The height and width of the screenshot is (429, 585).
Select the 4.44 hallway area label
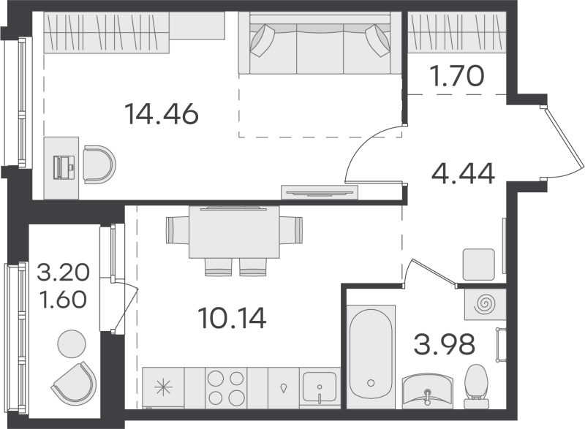click(463, 175)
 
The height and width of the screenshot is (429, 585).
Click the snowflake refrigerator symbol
click(163, 387)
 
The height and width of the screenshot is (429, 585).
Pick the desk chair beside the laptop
click(97, 165)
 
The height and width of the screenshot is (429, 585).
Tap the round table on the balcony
click(72, 344)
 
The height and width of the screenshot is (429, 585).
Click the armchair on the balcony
click(76, 383)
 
